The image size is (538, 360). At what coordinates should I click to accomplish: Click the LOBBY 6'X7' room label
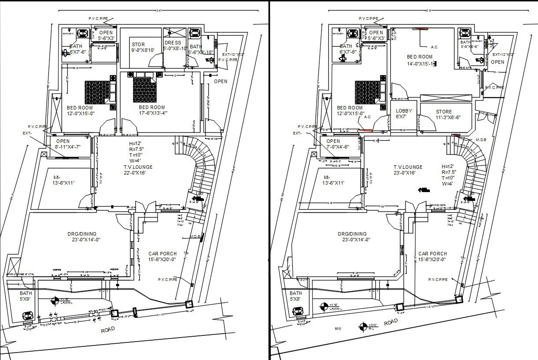(403, 114)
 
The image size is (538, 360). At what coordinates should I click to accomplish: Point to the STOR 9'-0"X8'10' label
(142, 47)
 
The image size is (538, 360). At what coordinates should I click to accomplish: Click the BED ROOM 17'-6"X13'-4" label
(152, 110)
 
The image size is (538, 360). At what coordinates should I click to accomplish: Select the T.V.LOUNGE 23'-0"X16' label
(408, 170)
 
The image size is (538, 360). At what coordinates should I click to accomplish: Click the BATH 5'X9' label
(26, 296)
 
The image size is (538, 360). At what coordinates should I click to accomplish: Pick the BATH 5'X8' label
(296, 296)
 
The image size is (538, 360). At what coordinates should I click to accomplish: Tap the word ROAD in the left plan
(108, 330)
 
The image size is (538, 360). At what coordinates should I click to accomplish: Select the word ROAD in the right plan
(391, 322)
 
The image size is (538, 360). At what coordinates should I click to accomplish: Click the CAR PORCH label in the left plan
(156, 256)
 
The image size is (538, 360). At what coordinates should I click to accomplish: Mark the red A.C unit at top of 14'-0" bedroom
(421, 29)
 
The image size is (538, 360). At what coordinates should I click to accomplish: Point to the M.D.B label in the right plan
(481, 140)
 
